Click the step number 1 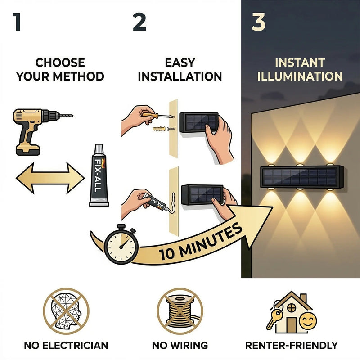(17, 22)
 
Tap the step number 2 (139, 22)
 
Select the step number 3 (258, 22)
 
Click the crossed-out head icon (66, 310)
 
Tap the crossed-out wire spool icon (180, 310)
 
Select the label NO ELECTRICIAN (66, 346)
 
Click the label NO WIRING (180, 346)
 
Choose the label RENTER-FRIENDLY (291, 346)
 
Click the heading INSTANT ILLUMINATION (300, 69)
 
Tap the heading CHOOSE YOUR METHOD (60, 69)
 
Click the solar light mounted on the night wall (301, 177)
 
